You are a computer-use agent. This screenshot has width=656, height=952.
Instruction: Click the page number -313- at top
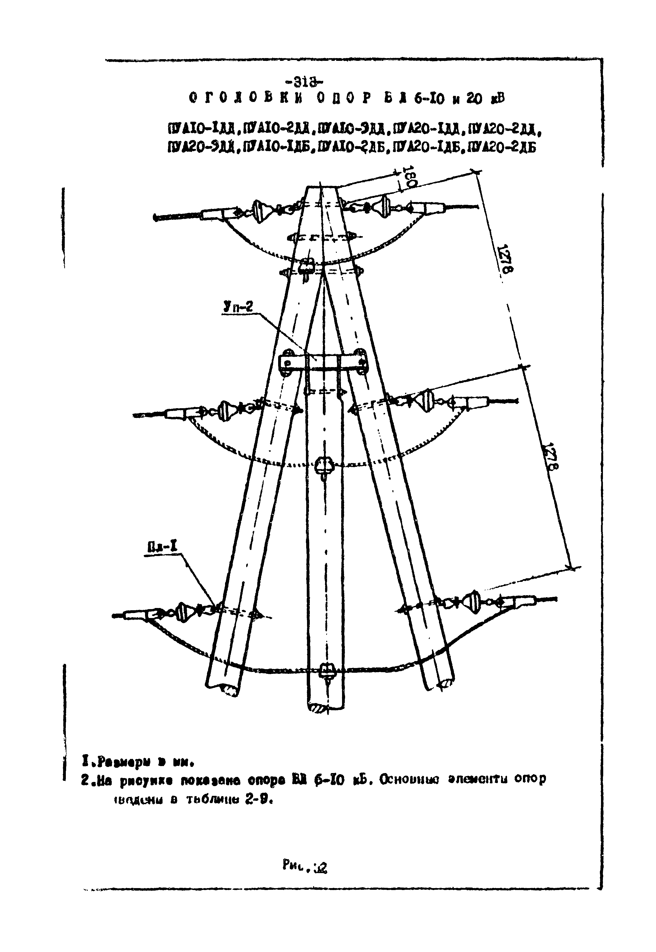(x=306, y=82)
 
